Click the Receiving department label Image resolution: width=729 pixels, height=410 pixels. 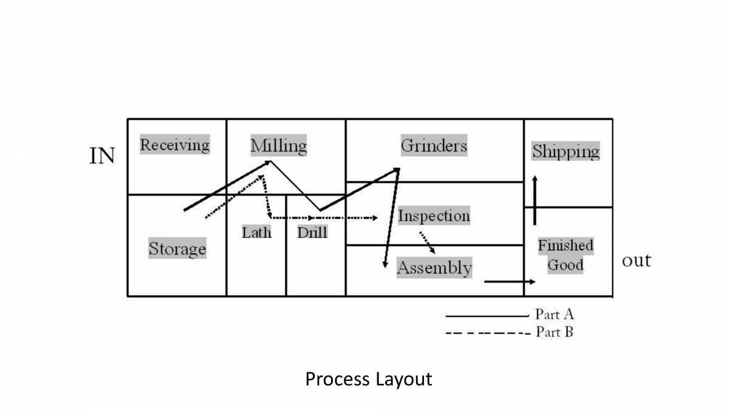pos(175,145)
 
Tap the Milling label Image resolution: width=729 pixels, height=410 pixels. pos(279,146)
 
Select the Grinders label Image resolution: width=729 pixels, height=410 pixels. pos(434,146)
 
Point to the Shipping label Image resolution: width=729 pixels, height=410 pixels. pos(566,151)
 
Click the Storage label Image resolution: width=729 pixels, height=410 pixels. pos(177,249)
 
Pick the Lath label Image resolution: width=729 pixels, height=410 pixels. pos(256,232)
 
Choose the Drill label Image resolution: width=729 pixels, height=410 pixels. pos(312,232)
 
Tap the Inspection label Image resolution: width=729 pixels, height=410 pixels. pos(434,216)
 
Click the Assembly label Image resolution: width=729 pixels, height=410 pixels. pos(434,268)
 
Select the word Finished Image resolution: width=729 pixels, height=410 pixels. pos(566,246)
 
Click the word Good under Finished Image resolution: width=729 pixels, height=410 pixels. pos(566,265)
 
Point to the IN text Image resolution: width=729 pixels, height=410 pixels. pos(102,156)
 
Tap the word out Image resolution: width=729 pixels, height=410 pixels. pos(636,261)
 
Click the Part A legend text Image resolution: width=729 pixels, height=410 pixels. pos(554,314)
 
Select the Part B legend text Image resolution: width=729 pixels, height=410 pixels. pos(554,332)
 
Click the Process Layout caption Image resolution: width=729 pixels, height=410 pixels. pos(369,379)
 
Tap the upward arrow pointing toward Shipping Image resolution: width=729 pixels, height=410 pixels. pos(535,200)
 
